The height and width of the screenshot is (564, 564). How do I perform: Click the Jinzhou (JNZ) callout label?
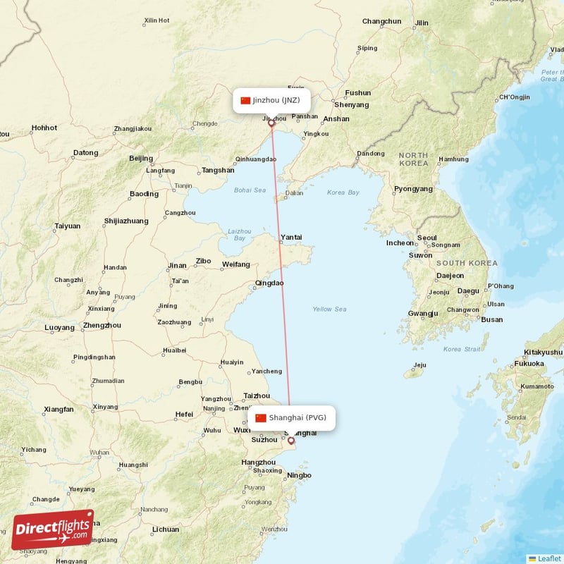(271, 100)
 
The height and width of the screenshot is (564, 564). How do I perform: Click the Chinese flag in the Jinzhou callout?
(245, 100)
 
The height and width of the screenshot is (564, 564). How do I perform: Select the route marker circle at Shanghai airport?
(291, 441)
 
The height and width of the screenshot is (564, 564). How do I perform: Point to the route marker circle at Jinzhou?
(271, 123)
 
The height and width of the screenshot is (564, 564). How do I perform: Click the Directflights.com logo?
(52, 529)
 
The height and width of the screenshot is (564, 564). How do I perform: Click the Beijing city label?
(141, 159)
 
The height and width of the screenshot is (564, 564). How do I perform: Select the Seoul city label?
(427, 238)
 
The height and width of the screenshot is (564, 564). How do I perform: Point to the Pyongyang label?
(413, 189)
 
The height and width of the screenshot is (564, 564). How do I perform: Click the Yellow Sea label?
(329, 309)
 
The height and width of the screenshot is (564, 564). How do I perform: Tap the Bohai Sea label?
(250, 190)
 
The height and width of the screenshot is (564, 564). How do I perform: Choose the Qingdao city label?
(269, 283)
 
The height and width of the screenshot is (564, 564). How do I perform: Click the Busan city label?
(492, 319)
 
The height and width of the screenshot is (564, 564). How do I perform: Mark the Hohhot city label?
(44, 128)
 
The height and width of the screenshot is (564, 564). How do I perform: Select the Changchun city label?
(381, 21)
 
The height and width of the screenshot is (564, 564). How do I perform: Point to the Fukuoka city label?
(529, 364)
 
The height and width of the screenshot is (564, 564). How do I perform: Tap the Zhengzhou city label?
(102, 325)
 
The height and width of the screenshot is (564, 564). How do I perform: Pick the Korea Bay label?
(343, 192)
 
